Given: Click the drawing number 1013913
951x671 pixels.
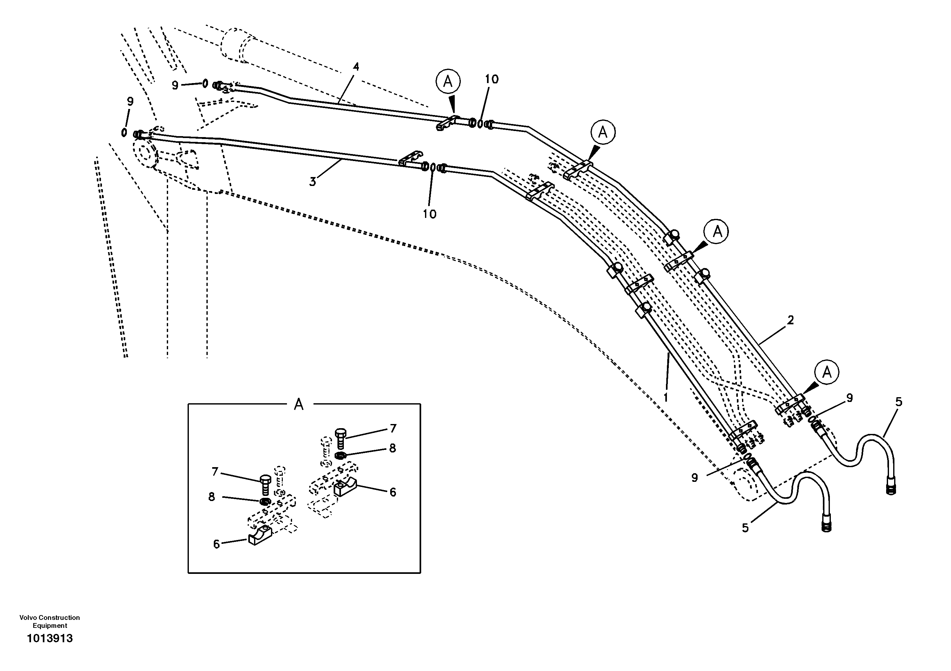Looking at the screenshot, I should (x=50, y=638).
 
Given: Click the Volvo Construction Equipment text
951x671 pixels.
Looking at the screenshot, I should (x=50, y=621).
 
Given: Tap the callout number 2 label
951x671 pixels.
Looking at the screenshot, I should (x=790, y=320).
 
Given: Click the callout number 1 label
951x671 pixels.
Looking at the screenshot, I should (x=666, y=397).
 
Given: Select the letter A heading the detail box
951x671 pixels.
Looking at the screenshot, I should (x=299, y=404).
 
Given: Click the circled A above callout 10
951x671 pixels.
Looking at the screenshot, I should (x=448, y=81).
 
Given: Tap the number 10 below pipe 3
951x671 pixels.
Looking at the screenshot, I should (x=429, y=214).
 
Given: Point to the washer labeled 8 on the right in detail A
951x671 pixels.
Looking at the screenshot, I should (x=340, y=456).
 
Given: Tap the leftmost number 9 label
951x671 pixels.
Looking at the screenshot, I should (x=130, y=102).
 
